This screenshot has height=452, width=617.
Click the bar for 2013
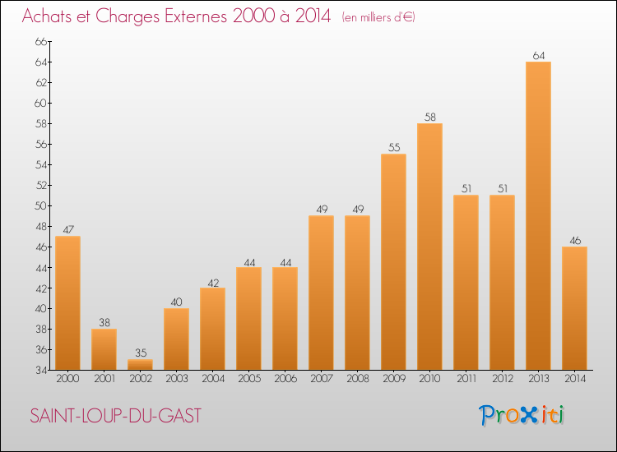click(x=538, y=216)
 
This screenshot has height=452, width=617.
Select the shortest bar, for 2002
click(x=140, y=364)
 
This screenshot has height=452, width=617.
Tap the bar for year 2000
click(x=67, y=303)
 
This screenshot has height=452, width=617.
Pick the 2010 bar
click(x=429, y=247)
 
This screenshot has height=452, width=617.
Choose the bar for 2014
click(x=574, y=308)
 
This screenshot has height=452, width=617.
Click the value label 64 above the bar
click(x=538, y=56)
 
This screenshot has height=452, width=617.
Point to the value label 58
click(x=429, y=118)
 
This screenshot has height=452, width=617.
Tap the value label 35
click(x=140, y=353)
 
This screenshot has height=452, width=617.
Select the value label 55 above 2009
click(x=393, y=148)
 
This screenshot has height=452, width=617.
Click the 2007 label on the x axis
click(x=321, y=378)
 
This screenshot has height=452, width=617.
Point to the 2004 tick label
click(x=212, y=378)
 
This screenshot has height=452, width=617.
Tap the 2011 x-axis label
click(x=466, y=378)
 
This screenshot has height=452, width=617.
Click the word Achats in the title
click(x=49, y=16)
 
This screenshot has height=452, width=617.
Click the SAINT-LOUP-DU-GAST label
click(x=115, y=416)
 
